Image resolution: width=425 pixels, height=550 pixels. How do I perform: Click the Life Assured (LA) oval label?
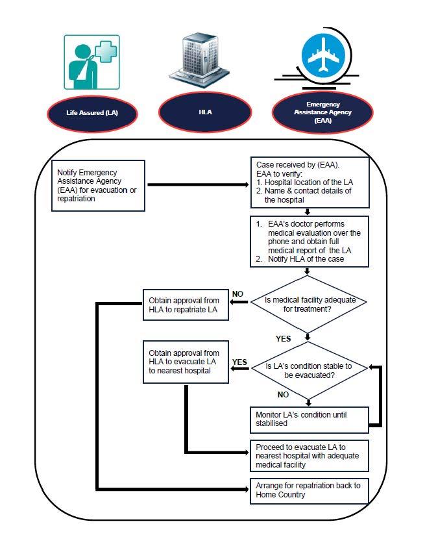pyautogui.click(x=91, y=112)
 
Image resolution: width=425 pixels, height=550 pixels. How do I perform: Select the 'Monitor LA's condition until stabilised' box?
pyautogui.click(x=309, y=418)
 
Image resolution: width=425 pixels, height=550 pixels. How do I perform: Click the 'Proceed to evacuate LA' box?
pyautogui.click(x=309, y=455)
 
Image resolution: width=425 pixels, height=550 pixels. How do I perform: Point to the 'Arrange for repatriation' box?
pyautogui.click(x=309, y=490)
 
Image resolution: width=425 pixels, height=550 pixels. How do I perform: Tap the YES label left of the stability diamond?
pyautogui.click(x=239, y=362)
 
